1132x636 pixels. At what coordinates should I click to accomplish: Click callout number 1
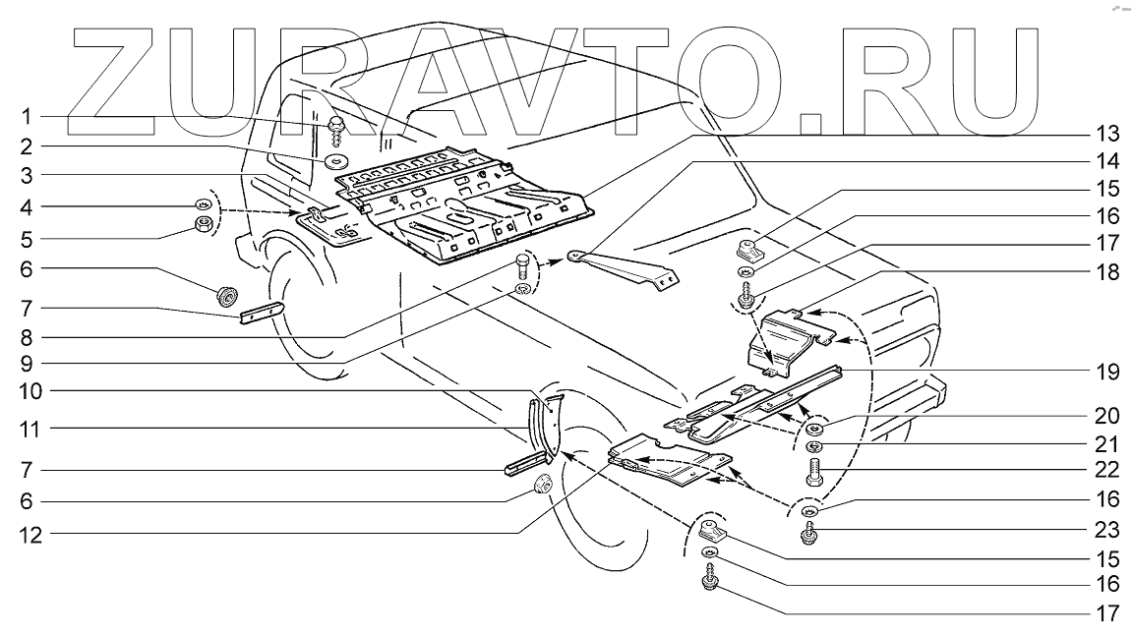pos(28,117)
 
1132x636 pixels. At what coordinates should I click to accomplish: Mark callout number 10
pos(28,390)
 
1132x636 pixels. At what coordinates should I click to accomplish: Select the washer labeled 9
pos(523,288)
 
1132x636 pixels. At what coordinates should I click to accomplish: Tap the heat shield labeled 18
pos(787,339)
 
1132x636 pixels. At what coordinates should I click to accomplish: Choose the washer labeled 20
pos(814,430)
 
